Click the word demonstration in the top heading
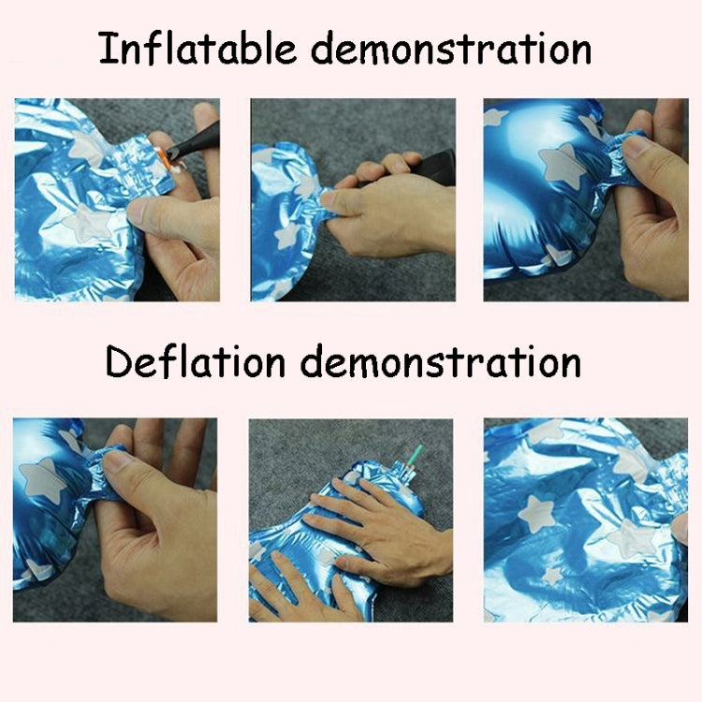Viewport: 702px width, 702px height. tap(451, 48)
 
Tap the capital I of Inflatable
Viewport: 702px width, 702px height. tap(106, 48)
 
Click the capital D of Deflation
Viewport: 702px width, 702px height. tap(119, 360)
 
